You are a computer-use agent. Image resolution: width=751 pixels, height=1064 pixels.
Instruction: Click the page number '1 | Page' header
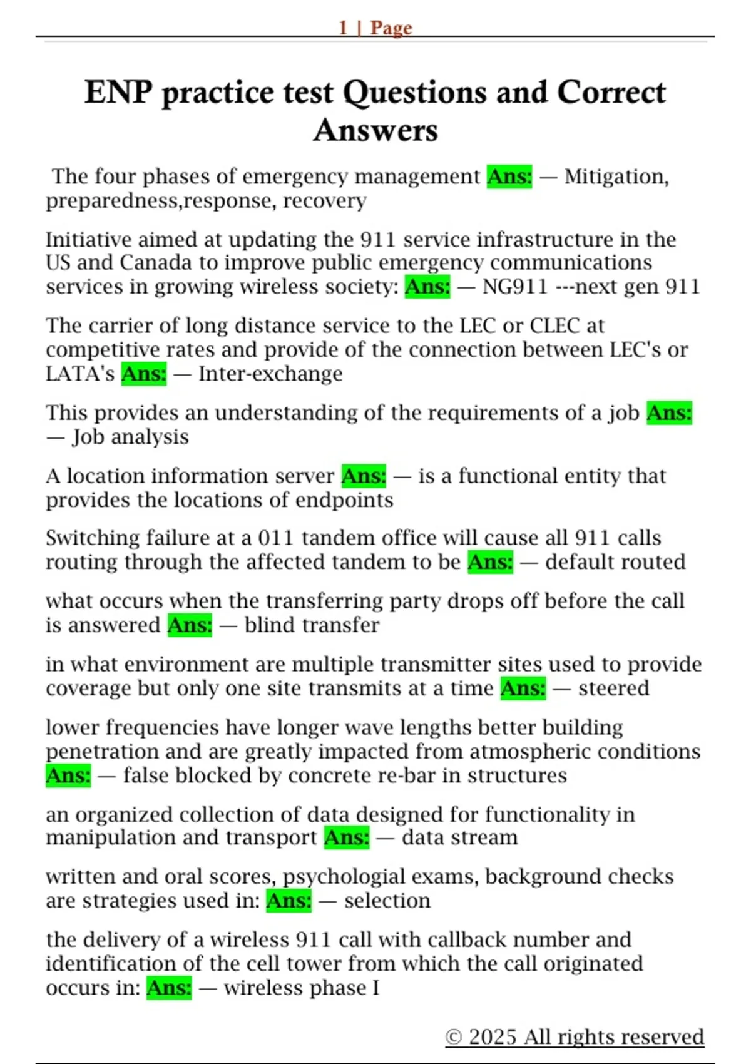[x=375, y=28]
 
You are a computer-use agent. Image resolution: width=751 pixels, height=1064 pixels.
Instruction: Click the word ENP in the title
[x=118, y=93]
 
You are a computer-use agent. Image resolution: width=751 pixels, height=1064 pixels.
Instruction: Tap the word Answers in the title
[x=375, y=130]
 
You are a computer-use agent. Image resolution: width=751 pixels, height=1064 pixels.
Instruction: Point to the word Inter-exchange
[x=270, y=374]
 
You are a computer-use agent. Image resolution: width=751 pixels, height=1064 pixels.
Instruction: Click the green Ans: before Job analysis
[x=669, y=413]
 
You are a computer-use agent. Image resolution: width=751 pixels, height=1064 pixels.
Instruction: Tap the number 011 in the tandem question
[x=275, y=538]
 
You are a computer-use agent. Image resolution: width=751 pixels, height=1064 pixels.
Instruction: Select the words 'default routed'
[x=615, y=562]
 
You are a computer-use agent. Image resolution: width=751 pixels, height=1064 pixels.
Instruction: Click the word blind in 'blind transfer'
[x=270, y=625]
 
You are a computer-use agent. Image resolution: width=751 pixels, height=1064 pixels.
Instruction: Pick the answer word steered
[x=613, y=688]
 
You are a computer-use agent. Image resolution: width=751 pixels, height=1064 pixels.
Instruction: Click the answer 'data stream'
[x=459, y=837]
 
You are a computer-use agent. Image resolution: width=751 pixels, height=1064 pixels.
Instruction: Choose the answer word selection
[x=387, y=901]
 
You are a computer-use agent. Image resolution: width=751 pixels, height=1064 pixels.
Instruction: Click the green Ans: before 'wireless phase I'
[x=169, y=988]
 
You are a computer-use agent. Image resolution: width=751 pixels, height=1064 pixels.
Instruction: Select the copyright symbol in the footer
[x=454, y=1037]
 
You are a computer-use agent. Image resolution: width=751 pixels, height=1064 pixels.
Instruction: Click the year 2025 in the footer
[x=493, y=1037]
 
